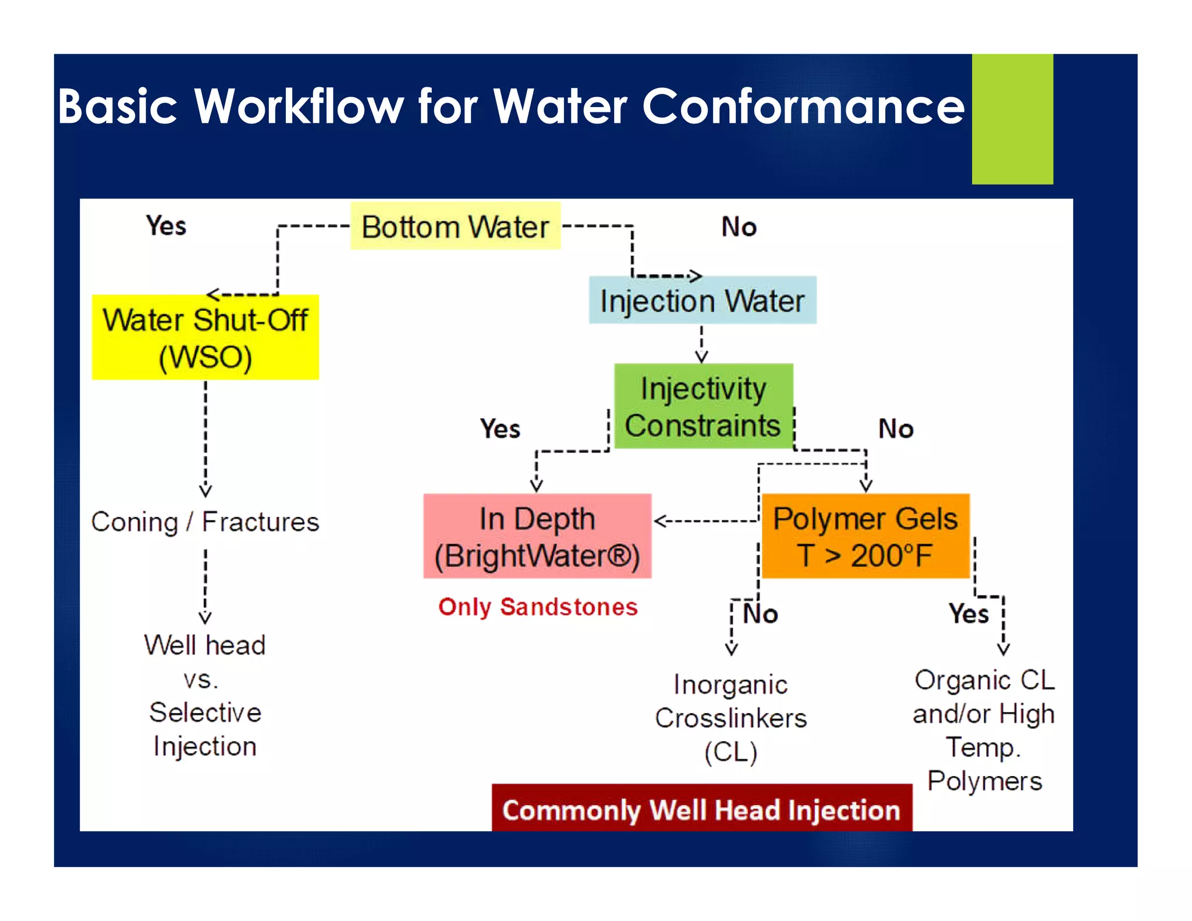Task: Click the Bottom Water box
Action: click(x=455, y=226)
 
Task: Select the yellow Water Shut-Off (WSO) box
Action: click(x=205, y=338)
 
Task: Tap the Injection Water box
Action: click(x=703, y=300)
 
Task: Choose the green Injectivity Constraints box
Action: click(x=703, y=406)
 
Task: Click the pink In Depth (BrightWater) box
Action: click(x=537, y=536)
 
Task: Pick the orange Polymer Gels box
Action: click(x=865, y=536)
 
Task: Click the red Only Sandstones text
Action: click(x=538, y=607)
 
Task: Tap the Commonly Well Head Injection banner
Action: click(x=701, y=810)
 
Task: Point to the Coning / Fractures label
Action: click(x=205, y=522)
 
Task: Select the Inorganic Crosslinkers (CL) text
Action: click(x=731, y=718)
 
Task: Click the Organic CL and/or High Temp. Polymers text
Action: click(x=984, y=730)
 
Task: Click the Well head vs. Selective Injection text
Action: click(x=205, y=695)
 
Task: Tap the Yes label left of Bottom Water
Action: click(x=166, y=226)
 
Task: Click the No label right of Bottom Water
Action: click(x=739, y=226)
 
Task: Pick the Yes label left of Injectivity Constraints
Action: click(x=499, y=429)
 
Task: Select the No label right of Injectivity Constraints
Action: click(x=895, y=429)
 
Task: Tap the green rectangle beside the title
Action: click(x=1012, y=119)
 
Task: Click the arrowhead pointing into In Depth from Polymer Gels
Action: click(x=660, y=521)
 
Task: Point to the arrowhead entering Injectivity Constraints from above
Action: click(x=701, y=357)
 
